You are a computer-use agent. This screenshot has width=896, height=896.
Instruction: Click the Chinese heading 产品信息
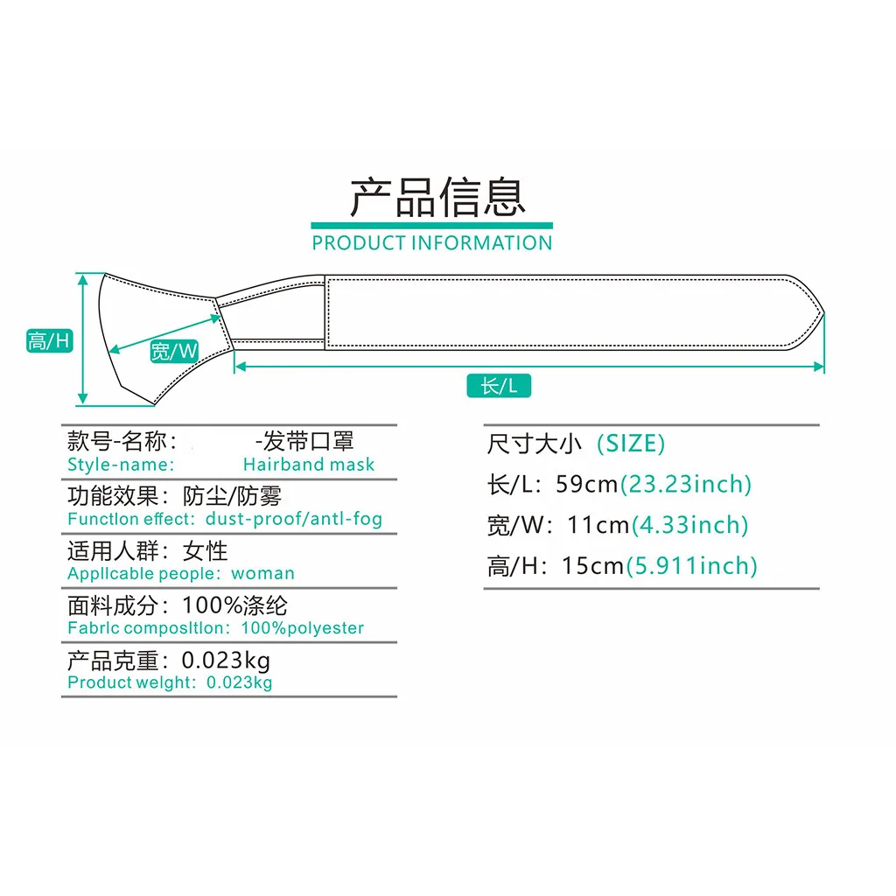click(437, 198)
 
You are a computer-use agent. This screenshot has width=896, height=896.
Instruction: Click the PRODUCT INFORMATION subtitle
click(432, 242)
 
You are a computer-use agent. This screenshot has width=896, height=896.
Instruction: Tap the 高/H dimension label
click(49, 340)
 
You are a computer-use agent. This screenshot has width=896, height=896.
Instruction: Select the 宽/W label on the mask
click(174, 352)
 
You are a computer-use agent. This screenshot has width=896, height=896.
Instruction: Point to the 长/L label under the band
click(500, 385)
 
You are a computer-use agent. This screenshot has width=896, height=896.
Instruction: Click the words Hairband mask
click(309, 465)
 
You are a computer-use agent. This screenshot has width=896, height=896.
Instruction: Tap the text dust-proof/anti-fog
click(294, 519)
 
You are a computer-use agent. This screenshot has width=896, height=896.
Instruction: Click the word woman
click(262, 574)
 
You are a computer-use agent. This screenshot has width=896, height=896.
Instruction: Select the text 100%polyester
click(303, 628)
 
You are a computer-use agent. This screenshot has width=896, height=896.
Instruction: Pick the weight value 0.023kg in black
click(226, 660)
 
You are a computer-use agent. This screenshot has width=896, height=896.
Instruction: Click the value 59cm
click(588, 484)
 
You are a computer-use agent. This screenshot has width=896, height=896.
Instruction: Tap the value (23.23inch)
click(686, 484)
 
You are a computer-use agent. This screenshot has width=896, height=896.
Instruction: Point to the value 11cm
click(598, 525)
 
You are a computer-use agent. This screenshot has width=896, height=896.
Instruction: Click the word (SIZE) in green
click(631, 444)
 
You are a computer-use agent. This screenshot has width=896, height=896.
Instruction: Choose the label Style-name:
click(121, 465)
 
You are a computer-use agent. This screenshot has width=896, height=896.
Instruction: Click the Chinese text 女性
click(206, 551)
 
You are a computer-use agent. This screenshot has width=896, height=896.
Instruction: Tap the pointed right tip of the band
click(822, 312)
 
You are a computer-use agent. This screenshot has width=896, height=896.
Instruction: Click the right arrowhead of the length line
click(821, 367)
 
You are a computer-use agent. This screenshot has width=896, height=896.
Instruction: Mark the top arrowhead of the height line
click(83, 277)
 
